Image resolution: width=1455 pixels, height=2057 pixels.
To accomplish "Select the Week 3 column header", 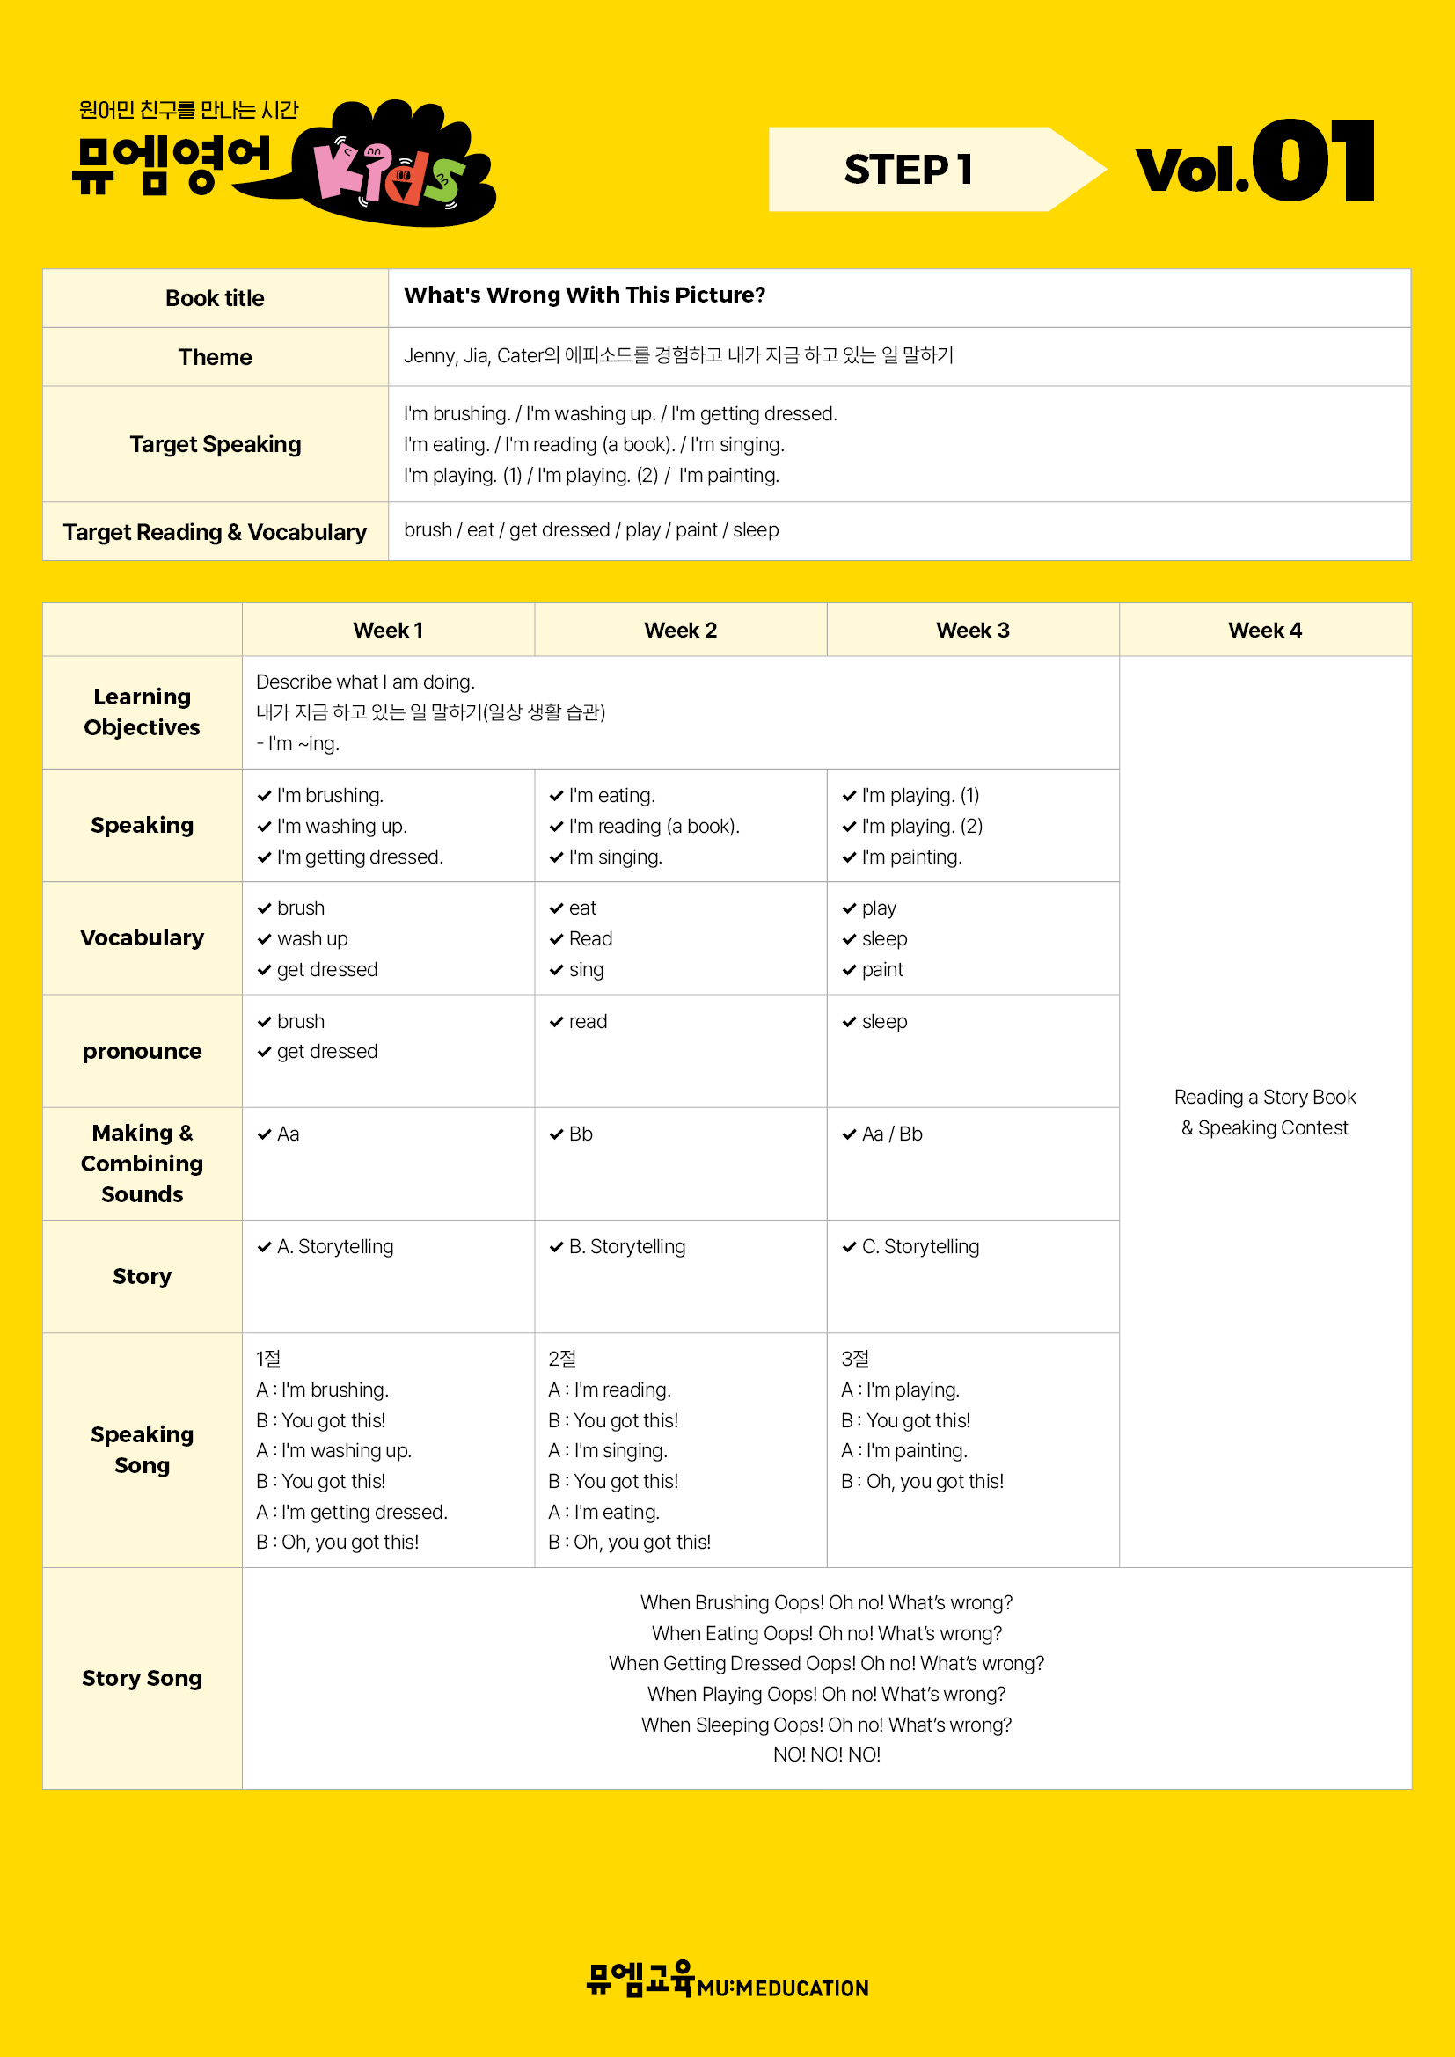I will (972, 630).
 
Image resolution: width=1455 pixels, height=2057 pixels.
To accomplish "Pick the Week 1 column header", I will (387, 630).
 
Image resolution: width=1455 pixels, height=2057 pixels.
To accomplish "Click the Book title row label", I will (215, 298).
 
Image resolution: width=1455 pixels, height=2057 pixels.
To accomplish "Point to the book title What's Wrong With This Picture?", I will (584, 295).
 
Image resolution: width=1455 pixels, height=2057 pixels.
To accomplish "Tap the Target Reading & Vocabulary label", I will (215, 532).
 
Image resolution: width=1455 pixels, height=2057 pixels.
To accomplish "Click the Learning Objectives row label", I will (142, 712).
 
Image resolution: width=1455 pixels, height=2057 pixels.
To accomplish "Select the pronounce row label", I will (142, 1051).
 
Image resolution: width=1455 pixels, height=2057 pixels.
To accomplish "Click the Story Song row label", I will (142, 1678).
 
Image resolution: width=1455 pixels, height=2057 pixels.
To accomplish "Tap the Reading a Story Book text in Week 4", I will (1264, 1097).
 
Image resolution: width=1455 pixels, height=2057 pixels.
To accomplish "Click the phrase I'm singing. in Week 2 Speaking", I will (616, 857).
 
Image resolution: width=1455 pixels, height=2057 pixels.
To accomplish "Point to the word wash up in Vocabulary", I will (311, 939).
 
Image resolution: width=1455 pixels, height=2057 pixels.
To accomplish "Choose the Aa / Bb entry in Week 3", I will (891, 1134).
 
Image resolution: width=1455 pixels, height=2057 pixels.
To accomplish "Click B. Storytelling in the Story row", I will (627, 1246).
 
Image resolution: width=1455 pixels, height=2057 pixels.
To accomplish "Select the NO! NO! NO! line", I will (826, 1754).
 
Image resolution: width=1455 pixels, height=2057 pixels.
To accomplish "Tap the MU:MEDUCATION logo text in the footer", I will (782, 1989).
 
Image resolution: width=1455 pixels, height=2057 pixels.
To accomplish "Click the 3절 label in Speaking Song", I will (855, 1359).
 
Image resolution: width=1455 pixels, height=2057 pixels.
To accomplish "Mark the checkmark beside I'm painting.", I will (850, 857).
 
